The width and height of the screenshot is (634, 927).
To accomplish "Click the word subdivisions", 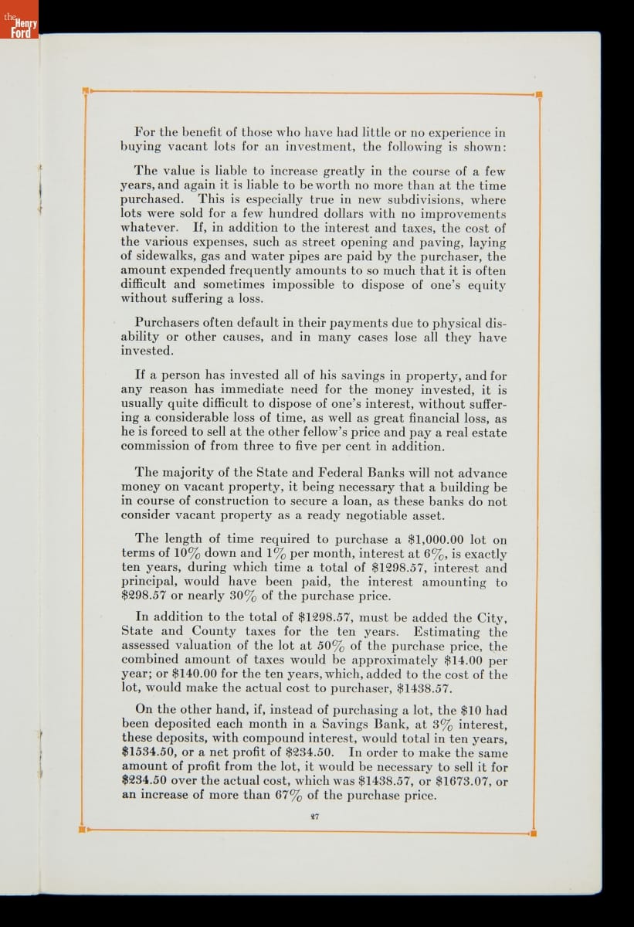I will [426, 200].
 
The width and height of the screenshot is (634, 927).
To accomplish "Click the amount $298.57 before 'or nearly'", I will [147, 596].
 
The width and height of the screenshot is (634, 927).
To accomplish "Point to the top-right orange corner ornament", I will [537, 95].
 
